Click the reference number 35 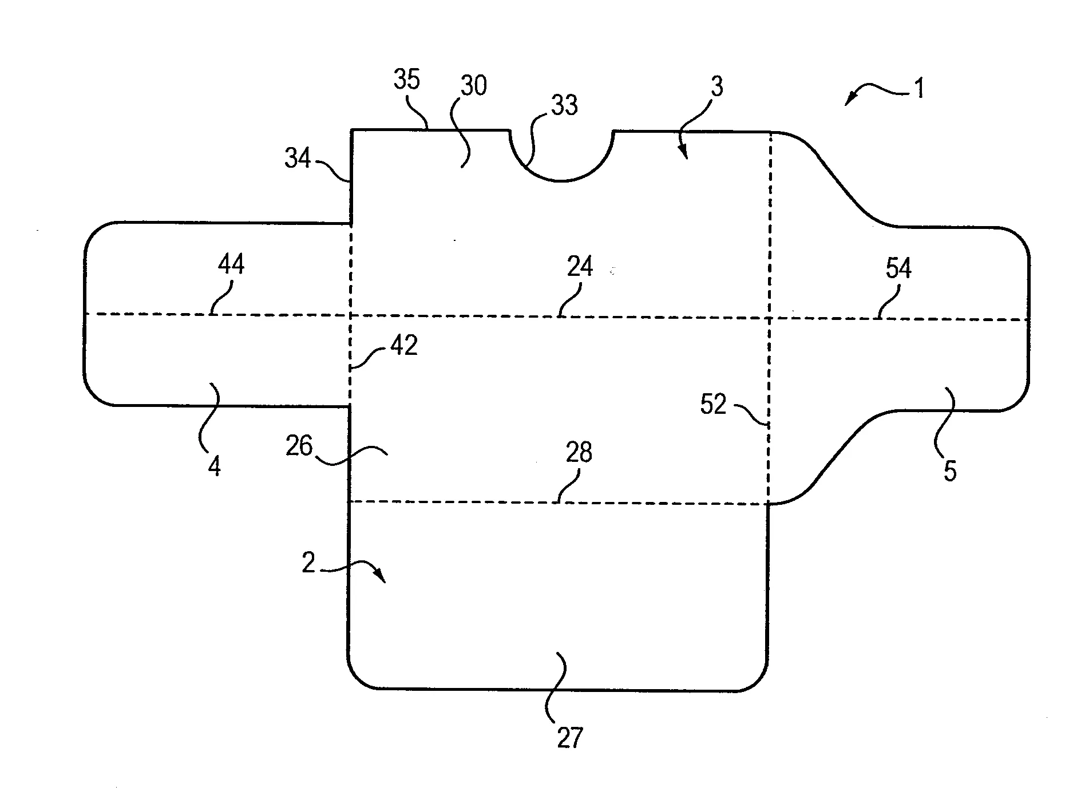(x=407, y=80)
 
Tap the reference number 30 (x=473, y=85)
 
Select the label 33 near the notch (x=564, y=105)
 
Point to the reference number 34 (x=298, y=157)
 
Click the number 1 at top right (x=919, y=89)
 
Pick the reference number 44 (x=231, y=264)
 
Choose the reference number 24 (x=580, y=267)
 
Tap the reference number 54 (x=898, y=268)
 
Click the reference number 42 (x=404, y=345)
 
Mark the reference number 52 (x=713, y=405)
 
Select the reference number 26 (x=299, y=445)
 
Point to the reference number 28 (x=579, y=452)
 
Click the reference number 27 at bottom (x=569, y=738)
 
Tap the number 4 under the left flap (x=214, y=467)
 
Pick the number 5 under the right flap (x=950, y=471)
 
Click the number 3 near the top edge (x=716, y=86)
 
